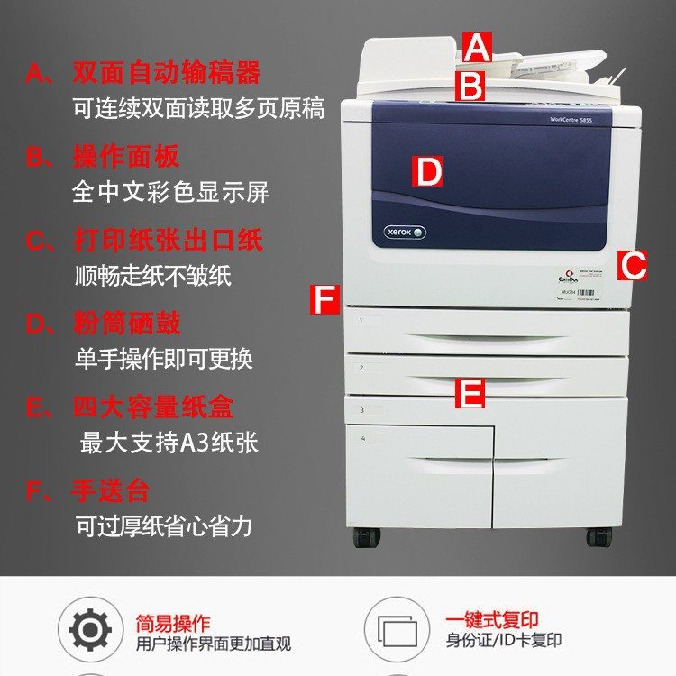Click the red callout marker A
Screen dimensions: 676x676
[477, 48]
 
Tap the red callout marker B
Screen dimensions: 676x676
[470, 87]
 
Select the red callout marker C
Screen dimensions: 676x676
[634, 266]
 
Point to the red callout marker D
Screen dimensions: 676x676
[428, 171]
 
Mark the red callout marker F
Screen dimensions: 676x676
[324, 299]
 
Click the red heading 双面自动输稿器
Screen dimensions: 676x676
[166, 72]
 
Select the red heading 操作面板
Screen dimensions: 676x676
[126, 157]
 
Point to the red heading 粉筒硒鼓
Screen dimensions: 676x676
[126, 324]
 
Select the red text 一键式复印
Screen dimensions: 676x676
[491, 620]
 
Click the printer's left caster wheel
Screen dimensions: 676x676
[365, 538]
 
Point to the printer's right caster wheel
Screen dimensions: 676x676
[599, 536]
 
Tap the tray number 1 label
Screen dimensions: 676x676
[361, 320]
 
